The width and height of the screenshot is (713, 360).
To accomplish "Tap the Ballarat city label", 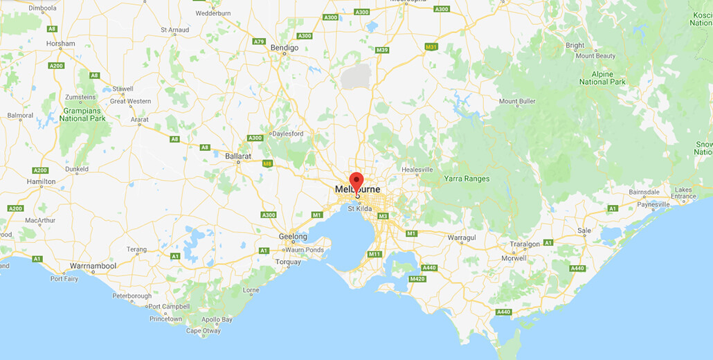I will tap(238, 156).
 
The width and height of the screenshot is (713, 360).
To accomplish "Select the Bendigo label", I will tap(285, 48).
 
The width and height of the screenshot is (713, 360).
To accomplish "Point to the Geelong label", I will tap(293, 236).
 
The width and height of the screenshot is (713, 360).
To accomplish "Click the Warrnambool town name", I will tap(93, 266).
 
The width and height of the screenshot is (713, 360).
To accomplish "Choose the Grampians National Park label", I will tap(82, 114).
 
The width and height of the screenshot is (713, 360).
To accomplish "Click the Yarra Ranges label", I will tap(467, 179).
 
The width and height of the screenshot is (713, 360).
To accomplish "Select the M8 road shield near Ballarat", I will tap(268, 163).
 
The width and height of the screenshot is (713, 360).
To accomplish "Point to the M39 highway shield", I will tap(382, 50).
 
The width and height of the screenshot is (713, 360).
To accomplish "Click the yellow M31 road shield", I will tap(431, 47).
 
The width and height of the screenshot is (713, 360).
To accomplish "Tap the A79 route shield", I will tap(259, 42).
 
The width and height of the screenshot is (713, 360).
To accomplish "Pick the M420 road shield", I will tap(417, 279).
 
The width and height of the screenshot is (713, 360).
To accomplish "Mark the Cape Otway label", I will tap(204, 331).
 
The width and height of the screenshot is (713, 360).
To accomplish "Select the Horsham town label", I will tap(61, 44).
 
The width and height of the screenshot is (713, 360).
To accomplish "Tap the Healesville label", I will tap(417, 170).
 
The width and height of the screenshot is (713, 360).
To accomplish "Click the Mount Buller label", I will tap(518, 102).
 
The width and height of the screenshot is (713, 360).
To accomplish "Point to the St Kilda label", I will tap(360, 208).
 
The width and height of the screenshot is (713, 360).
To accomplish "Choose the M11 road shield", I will tap(374, 254).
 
